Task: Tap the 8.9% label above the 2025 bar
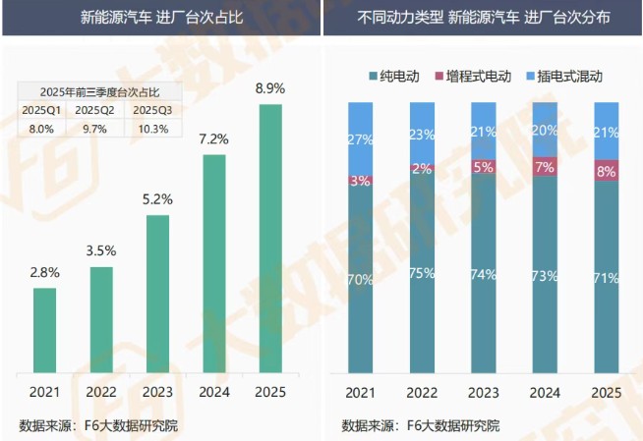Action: coord(269,88)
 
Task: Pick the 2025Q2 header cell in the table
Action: coord(94,109)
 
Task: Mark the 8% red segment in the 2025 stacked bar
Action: coord(606,169)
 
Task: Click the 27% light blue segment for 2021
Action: coord(360,138)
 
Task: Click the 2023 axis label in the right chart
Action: coord(483,393)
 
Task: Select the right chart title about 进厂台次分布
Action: coord(483,18)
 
